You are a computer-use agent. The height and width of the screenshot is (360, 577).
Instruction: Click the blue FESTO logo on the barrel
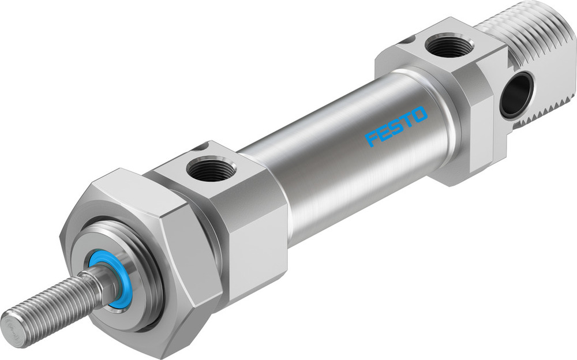click(x=397, y=126)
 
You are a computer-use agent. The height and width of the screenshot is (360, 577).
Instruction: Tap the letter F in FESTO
click(x=372, y=139)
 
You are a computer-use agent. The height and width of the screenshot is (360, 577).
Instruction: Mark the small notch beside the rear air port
click(x=409, y=40)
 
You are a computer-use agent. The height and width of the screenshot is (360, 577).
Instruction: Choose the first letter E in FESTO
click(x=385, y=133)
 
